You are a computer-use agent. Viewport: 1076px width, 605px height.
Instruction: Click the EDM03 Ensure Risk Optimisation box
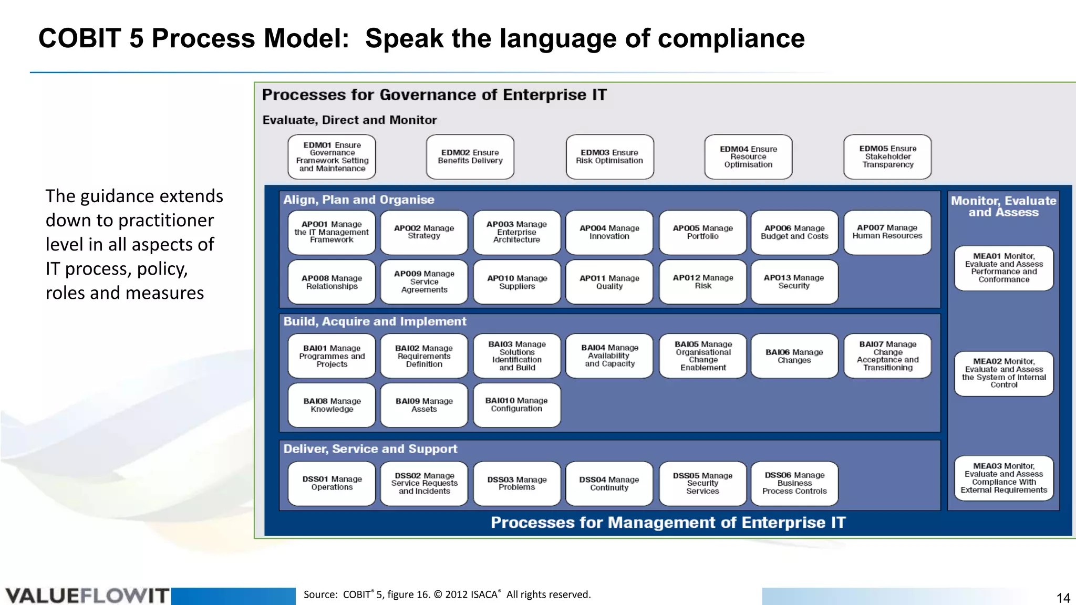click(609, 157)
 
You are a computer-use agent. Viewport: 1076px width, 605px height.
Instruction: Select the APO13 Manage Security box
click(794, 282)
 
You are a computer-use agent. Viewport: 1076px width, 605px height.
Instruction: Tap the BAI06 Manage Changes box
click(794, 356)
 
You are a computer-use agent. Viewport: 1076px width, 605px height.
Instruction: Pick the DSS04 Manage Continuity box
click(609, 484)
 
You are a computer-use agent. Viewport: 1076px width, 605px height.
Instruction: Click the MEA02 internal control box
click(1003, 373)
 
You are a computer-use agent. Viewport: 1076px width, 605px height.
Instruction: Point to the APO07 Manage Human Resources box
click(887, 232)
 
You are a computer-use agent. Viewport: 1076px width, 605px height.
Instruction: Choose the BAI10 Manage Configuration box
click(516, 405)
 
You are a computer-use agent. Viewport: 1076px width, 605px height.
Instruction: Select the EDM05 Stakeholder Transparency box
click(887, 157)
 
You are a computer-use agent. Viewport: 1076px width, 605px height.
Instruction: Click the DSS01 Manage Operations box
click(332, 484)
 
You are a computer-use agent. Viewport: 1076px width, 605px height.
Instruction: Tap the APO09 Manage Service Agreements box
click(424, 282)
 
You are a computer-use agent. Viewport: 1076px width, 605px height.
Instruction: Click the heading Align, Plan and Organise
click(359, 200)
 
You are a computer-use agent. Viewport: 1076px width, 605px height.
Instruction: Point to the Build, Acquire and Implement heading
click(375, 321)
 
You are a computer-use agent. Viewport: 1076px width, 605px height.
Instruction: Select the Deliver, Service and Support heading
click(370, 449)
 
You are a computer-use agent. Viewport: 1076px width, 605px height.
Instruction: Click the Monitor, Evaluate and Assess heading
click(1003, 206)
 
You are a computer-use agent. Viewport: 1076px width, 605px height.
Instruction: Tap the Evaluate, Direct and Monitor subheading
click(349, 120)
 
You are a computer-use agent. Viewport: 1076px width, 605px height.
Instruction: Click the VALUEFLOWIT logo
click(87, 596)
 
